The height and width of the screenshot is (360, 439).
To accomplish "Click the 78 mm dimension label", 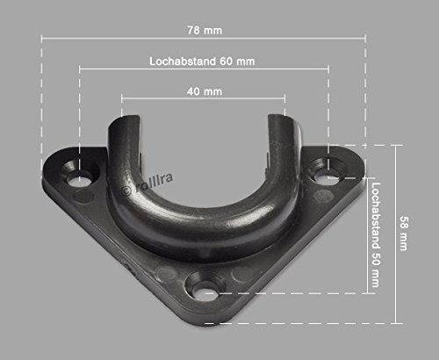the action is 205,31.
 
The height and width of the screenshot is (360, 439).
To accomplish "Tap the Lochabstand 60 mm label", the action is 202,61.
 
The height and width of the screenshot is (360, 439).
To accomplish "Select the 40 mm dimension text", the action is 205,91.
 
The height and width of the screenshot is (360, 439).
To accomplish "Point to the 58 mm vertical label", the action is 404,234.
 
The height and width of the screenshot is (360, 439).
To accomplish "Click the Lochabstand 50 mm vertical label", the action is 376,234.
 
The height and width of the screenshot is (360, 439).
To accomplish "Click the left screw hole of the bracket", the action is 78,179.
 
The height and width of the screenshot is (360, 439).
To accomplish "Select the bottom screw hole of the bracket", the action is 205,293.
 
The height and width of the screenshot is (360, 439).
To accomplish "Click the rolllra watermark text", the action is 155,183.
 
